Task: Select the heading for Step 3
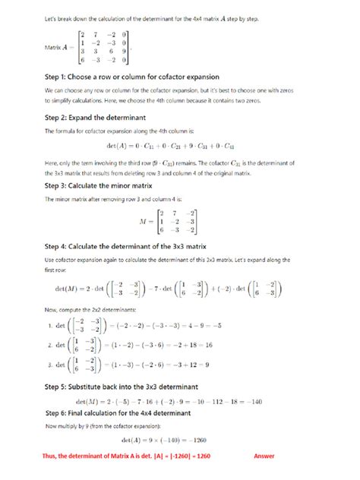(97, 185)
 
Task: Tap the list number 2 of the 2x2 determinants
(48, 348)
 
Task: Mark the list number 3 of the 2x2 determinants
(48, 368)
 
